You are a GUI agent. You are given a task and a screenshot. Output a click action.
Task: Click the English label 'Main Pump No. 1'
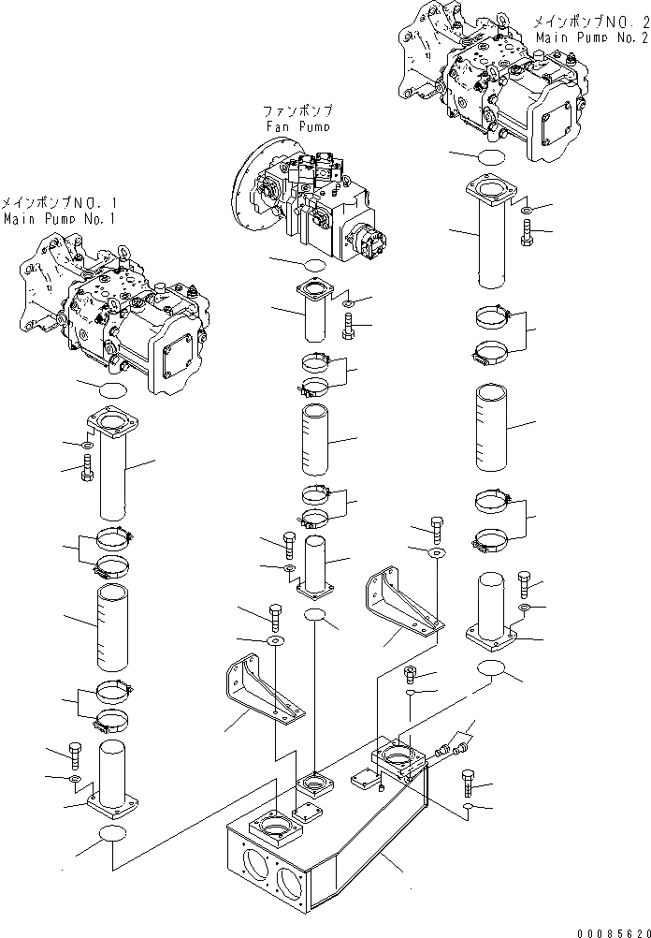(x=59, y=218)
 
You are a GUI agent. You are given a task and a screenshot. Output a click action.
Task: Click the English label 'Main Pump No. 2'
(x=592, y=37)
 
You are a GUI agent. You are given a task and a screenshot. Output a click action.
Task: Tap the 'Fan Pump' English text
(x=297, y=125)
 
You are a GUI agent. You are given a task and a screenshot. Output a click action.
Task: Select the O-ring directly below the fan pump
(x=313, y=265)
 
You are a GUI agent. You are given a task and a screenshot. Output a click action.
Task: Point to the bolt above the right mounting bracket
(x=436, y=528)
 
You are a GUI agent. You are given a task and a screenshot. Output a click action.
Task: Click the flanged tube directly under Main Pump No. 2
(x=489, y=234)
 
